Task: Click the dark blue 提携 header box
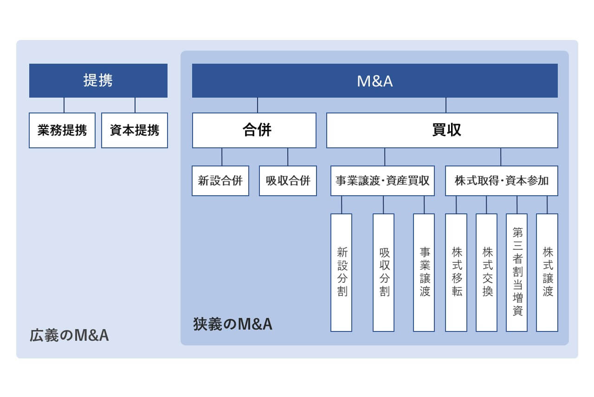(x=98, y=80)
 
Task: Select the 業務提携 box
(x=62, y=130)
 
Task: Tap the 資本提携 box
(x=135, y=130)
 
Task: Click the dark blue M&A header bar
(x=375, y=80)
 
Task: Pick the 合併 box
(x=254, y=130)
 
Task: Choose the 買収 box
(x=442, y=130)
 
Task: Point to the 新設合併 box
(x=220, y=181)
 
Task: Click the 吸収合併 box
(x=288, y=181)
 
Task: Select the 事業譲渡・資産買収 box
(x=383, y=181)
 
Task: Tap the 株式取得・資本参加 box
(x=502, y=181)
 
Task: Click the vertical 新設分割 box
(x=342, y=272)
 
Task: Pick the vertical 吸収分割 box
(x=384, y=272)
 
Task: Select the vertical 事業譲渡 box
(x=424, y=272)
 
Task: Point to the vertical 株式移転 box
(x=456, y=272)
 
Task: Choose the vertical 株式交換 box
(x=487, y=272)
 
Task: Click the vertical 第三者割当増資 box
(x=517, y=272)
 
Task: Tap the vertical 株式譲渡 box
(x=547, y=272)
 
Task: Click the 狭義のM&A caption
(x=232, y=324)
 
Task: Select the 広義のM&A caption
(x=69, y=335)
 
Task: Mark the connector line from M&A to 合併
(x=258, y=105)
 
